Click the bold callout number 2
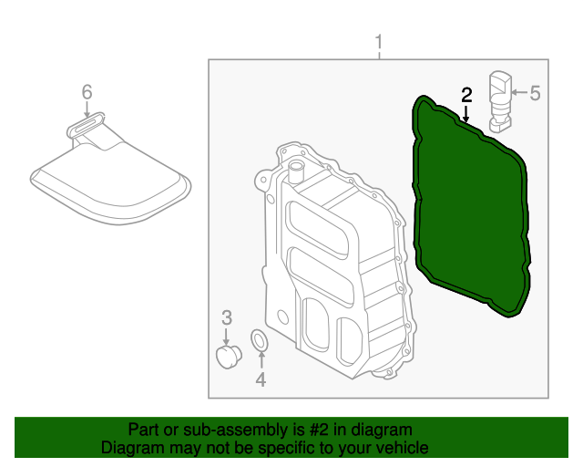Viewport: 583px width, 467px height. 466,94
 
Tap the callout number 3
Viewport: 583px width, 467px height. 227,317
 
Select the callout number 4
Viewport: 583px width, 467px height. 261,379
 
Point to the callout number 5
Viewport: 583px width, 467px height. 535,92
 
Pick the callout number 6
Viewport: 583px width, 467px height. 87,91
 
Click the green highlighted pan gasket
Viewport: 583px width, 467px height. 469,210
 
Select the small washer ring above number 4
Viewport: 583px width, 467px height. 259,341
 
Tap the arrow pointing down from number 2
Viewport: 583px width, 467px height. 465,114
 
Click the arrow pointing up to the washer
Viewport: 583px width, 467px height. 260,360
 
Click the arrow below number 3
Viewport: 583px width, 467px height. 227,335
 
